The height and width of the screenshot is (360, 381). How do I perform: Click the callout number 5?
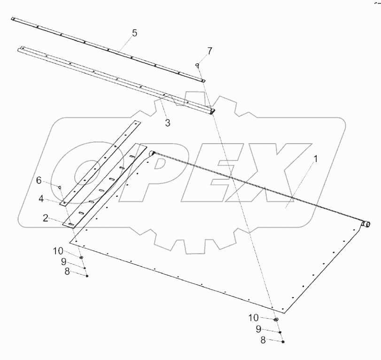(x=134, y=33)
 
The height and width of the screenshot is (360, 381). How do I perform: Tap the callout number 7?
(x=210, y=51)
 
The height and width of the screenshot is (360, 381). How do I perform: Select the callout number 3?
(x=167, y=123)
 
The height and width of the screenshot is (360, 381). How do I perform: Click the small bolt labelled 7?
(x=198, y=65)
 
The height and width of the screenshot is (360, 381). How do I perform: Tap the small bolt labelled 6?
(x=60, y=187)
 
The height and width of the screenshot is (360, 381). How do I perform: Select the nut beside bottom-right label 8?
(x=283, y=342)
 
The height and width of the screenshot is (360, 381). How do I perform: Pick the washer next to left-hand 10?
(x=82, y=258)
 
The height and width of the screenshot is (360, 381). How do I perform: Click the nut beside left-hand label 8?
(x=87, y=276)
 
